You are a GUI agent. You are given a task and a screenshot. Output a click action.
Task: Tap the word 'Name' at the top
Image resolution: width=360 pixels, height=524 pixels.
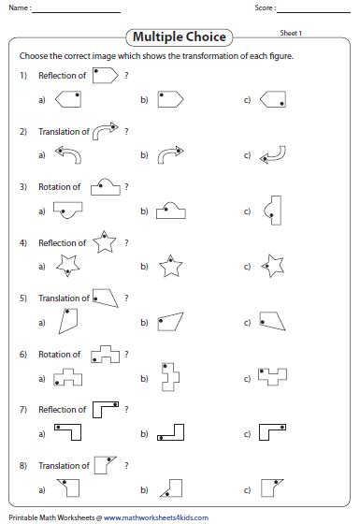tap(19, 8)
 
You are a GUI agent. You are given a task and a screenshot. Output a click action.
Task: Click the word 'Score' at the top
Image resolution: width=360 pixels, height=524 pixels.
tap(265, 8)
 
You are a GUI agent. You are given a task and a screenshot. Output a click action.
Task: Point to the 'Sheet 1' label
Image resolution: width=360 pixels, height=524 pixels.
tap(292, 32)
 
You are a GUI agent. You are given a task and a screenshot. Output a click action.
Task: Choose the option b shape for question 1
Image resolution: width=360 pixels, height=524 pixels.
tap(169, 97)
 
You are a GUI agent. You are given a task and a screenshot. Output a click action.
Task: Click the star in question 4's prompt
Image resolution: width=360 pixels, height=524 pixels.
tap(105, 243)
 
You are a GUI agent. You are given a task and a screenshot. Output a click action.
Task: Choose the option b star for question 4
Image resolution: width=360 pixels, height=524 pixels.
tap(170, 267)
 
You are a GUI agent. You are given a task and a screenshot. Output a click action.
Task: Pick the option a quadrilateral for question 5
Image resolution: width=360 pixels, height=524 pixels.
tap(67, 322)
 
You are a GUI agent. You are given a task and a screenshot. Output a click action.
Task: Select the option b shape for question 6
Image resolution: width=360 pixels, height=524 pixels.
tap(171, 377)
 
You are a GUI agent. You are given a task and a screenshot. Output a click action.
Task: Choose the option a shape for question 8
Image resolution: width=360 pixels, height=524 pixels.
tap(67, 487)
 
